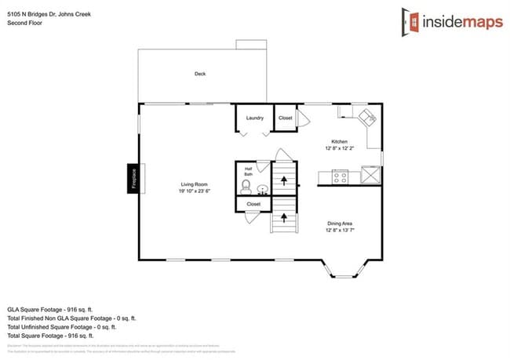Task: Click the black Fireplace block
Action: pos(133,179)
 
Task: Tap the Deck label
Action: pos(200,75)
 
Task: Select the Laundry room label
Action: pos(254,118)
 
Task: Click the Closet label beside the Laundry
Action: pos(285,118)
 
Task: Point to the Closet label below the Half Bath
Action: pos(253,204)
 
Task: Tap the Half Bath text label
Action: pos(248,171)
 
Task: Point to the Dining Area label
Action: pos(340,224)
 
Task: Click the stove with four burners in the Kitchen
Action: pos(341,177)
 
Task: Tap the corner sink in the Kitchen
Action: pos(366,118)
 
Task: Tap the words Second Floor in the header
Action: pos(24,24)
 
